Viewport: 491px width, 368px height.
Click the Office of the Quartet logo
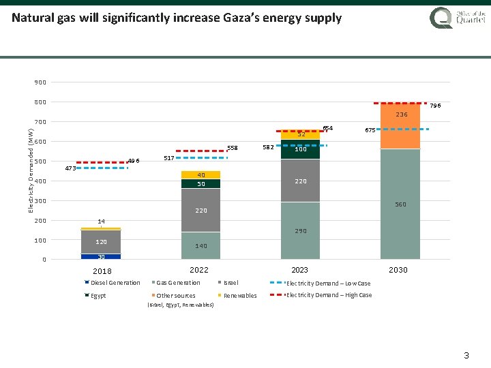click(458, 17)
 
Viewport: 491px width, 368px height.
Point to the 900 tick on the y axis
click(40, 82)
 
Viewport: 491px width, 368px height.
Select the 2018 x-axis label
click(102, 271)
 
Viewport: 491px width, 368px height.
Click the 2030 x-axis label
click(398, 270)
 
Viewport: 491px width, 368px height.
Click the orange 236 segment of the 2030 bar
click(401, 125)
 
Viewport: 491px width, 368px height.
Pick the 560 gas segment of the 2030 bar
click(401, 204)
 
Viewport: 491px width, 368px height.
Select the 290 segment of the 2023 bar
click(300, 230)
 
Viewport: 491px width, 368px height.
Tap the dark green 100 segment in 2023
click(300, 149)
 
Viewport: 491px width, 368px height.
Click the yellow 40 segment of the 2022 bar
click(201, 175)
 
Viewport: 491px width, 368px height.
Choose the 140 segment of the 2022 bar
click(201, 245)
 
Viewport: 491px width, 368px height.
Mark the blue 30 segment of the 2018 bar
click(100, 256)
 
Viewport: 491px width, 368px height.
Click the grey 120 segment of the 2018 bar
click(100, 242)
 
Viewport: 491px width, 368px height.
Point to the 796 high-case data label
click(435, 106)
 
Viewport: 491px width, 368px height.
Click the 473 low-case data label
click(70, 168)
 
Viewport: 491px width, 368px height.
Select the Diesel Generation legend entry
click(115, 283)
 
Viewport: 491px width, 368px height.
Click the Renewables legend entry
click(240, 296)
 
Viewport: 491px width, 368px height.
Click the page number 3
click(466, 355)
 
